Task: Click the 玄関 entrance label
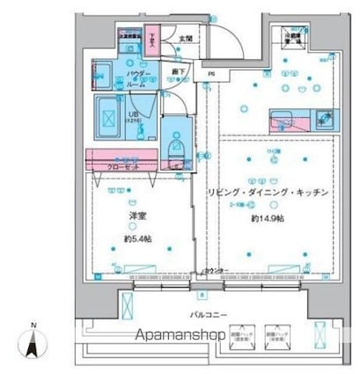click(x=185, y=39)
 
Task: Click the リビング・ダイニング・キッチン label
click(x=268, y=192)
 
